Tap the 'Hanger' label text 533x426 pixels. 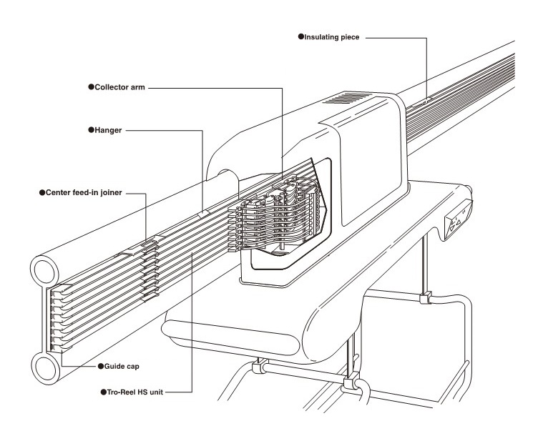(107, 130)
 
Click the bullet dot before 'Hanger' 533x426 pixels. (91, 130)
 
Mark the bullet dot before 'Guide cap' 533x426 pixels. (101, 366)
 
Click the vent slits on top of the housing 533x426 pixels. (353, 98)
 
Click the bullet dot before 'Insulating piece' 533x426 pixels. (301, 35)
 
